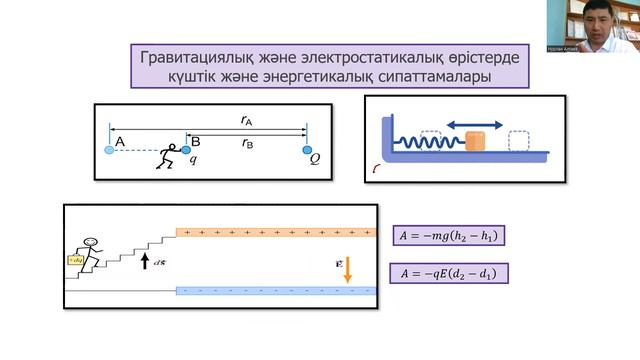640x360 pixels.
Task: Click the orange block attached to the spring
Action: tap(476, 142)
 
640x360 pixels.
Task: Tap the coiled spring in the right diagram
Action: tap(429, 142)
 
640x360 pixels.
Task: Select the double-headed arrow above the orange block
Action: tap(475, 124)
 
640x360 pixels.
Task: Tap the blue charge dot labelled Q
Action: tap(308, 149)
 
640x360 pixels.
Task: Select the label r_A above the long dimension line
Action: tap(246, 120)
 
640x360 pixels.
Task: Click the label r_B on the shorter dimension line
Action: tap(246, 143)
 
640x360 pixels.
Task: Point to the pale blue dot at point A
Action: tap(109, 150)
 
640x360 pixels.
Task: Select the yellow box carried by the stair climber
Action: tap(73, 259)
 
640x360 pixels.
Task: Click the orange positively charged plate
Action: tap(275, 232)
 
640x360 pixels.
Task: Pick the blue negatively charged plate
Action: tap(275, 291)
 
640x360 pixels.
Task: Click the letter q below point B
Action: tap(193, 160)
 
